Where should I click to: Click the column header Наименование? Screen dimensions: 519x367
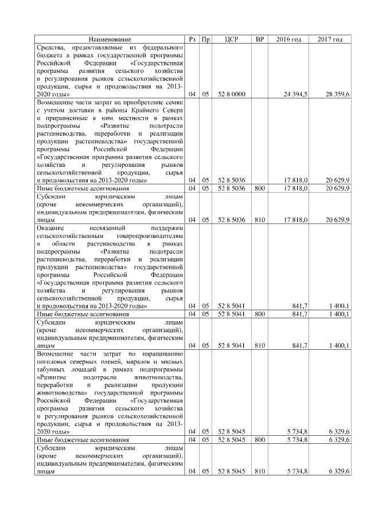tap(110, 39)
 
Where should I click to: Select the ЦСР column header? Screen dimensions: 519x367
tap(232, 39)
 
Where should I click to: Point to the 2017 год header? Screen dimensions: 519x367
tap(330, 39)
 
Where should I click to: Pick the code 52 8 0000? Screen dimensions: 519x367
tap(232, 93)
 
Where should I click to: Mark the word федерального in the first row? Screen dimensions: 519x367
tap(162, 46)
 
